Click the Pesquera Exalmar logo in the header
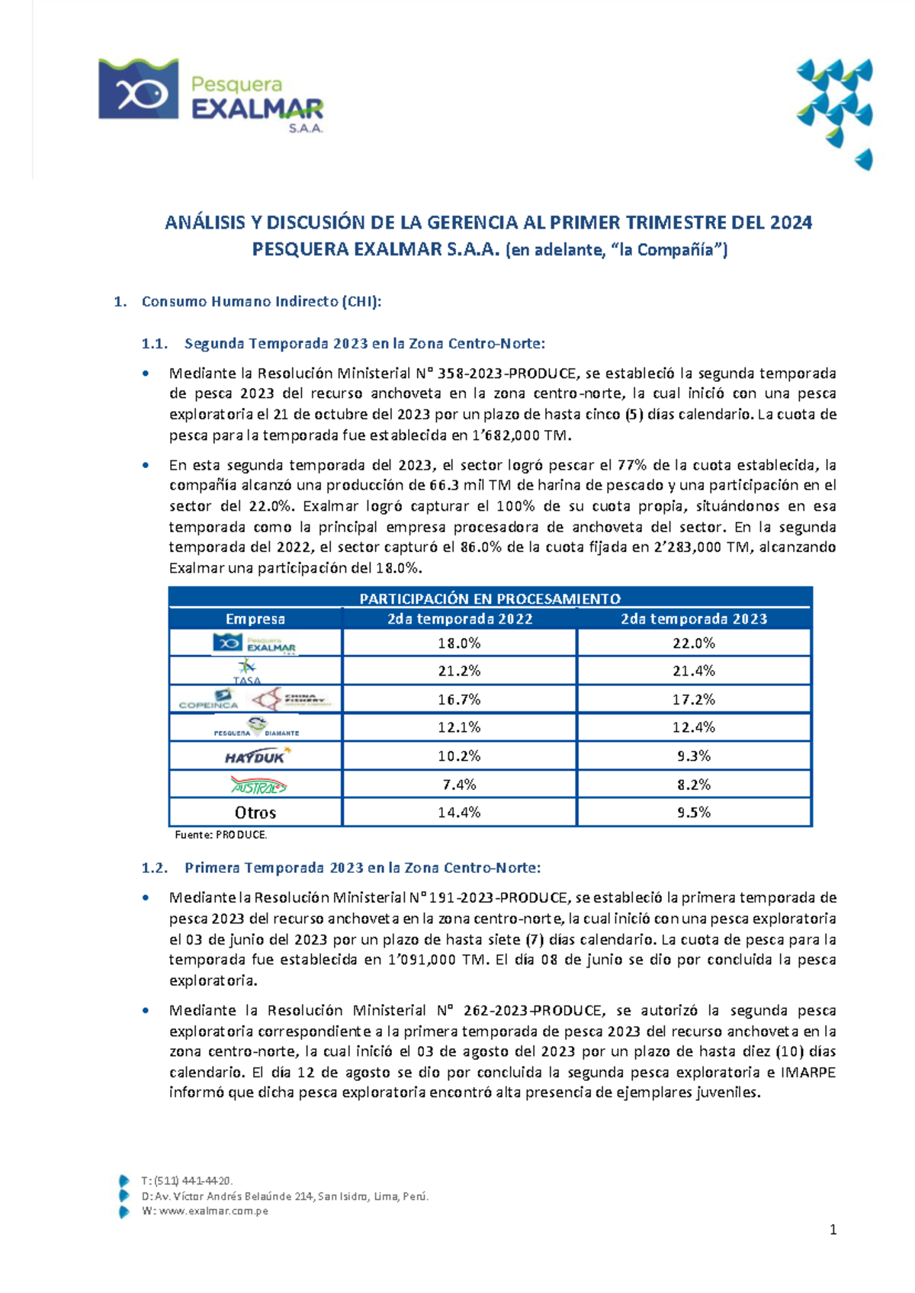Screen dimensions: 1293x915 pos(210,95)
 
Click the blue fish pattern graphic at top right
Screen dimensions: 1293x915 pos(835,111)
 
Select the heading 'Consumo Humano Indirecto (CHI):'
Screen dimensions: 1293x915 pos(261,301)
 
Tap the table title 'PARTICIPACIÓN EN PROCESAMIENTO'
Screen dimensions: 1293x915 pos(490,598)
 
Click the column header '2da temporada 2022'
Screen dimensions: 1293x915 pos(459,618)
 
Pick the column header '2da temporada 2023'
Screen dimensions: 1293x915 pos(693,618)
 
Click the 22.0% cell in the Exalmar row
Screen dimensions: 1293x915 pos(693,643)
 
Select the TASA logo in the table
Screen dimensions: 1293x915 pos(246,671)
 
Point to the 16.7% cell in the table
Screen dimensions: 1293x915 pos(459,699)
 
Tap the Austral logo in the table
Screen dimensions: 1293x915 pos(258,784)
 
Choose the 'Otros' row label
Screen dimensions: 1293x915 pos(255,813)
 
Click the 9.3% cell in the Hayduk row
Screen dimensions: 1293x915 pos(693,756)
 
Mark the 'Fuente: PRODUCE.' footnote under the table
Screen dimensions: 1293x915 pos(221,835)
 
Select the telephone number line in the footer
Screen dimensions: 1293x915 pos(187,1181)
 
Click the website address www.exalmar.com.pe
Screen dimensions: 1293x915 pos(213,1211)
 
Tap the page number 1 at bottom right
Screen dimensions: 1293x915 pos(833,1229)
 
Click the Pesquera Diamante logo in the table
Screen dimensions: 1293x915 pos(255,727)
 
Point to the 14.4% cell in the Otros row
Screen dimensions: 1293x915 pos(459,813)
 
